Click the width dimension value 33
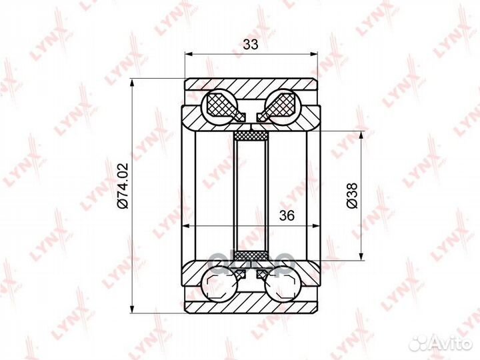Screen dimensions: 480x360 [x=251, y=45]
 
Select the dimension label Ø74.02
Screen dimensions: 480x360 [x=123, y=186]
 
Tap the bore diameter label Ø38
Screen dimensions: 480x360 [x=352, y=195]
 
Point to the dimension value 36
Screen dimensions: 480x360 [x=287, y=215]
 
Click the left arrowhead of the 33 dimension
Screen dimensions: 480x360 [x=189, y=54]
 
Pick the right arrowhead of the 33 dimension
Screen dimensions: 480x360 [x=314, y=54]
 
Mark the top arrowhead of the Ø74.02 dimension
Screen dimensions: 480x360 [x=132, y=83]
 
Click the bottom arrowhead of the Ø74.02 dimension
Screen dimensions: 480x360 [x=132, y=309]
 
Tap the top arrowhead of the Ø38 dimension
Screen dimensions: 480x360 [x=362, y=135]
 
